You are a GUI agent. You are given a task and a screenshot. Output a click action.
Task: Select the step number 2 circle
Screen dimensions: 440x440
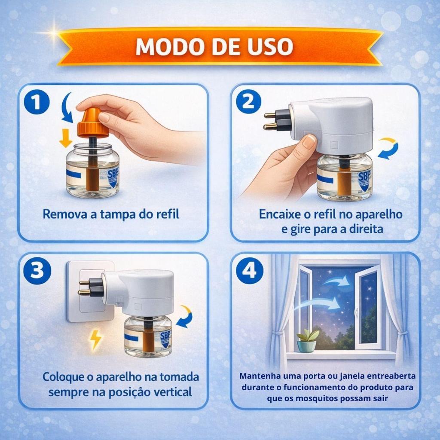pyautogui.click(x=248, y=101)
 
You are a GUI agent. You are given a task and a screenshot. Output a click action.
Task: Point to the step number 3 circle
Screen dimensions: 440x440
pyautogui.click(x=37, y=271)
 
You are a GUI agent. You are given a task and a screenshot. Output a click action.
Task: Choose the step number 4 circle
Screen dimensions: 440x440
pyautogui.click(x=250, y=271)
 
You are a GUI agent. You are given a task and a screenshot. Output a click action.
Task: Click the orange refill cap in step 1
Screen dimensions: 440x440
pyautogui.click(x=93, y=123)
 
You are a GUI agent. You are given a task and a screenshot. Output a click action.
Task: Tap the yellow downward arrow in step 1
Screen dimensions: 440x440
pyautogui.click(x=66, y=138)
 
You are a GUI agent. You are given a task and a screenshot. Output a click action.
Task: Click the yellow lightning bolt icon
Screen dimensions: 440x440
pyautogui.click(x=95, y=340)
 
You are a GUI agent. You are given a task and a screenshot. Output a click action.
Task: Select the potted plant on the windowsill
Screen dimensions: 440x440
pyautogui.click(x=308, y=340)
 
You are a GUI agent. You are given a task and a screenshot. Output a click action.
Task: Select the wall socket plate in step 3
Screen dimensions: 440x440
pyautogui.click(x=90, y=291)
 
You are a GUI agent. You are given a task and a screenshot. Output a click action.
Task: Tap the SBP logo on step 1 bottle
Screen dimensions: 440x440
pyautogui.click(x=113, y=177)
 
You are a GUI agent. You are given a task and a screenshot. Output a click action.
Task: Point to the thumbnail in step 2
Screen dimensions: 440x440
pyautogui.click(x=309, y=142)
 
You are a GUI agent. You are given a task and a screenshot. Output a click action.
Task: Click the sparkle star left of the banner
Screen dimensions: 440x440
pyautogui.click(x=52, y=33)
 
